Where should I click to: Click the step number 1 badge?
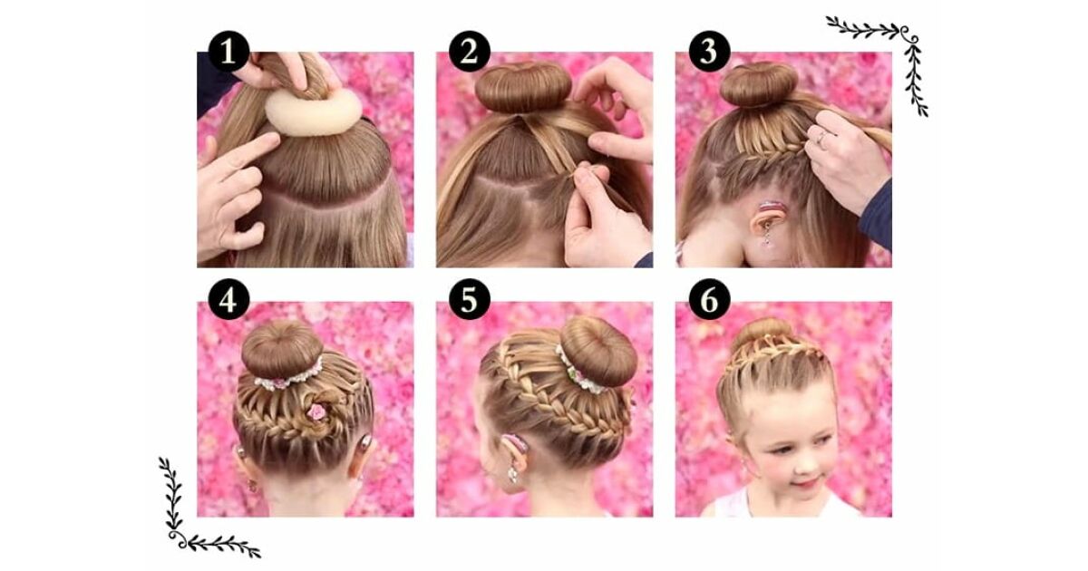(228, 52)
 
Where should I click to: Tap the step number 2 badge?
(470, 52)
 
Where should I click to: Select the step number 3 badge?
(709, 52)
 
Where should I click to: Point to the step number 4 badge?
(228, 299)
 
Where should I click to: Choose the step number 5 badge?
(470, 299)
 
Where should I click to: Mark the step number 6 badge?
(709, 299)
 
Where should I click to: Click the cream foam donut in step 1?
(314, 111)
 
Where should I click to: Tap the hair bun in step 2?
(523, 87)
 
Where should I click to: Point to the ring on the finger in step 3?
(821, 138)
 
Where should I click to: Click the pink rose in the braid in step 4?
(316, 411)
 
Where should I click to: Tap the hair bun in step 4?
(282, 351)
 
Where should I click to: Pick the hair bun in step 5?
(599, 351)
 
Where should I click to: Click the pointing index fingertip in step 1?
(273, 140)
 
